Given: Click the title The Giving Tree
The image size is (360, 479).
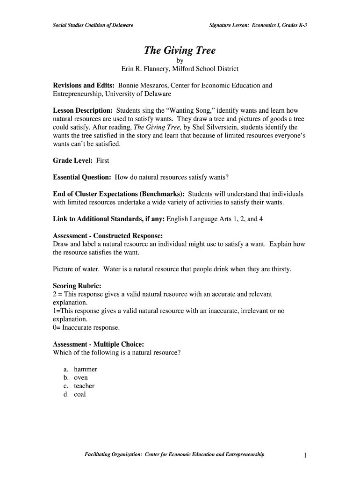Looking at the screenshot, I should pyautogui.click(x=180, y=51).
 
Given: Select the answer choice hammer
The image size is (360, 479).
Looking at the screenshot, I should pyautogui.click(x=86, y=369).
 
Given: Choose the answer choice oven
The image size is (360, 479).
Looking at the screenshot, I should pyautogui.click(x=81, y=377).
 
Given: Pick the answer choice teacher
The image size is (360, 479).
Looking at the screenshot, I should pyautogui.click(x=84, y=386).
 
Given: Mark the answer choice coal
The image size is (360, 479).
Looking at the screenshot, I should pyautogui.click(x=80, y=394).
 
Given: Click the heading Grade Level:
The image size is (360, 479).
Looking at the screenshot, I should pyautogui.click(x=74, y=160).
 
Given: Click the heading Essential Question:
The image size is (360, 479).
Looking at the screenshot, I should pyautogui.click(x=82, y=177).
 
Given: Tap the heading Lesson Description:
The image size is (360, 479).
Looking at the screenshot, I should pyautogui.click(x=83, y=110).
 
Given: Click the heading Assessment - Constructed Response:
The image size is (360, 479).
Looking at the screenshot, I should pyautogui.click(x=108, y=235).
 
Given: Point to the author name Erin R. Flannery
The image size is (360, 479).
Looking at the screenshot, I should pyautogui.click(x=144, y=69).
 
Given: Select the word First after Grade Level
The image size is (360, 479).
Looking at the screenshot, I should pyautogui.click(x=102, y=160).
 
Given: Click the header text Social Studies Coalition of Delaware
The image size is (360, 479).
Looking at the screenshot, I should pyautogui.click(x=93, y=25).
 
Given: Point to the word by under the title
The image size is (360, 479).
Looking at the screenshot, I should pyautogui.click(x=180, y=60).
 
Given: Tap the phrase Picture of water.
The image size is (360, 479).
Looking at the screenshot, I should pyautogui.click(x=76, y=269).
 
